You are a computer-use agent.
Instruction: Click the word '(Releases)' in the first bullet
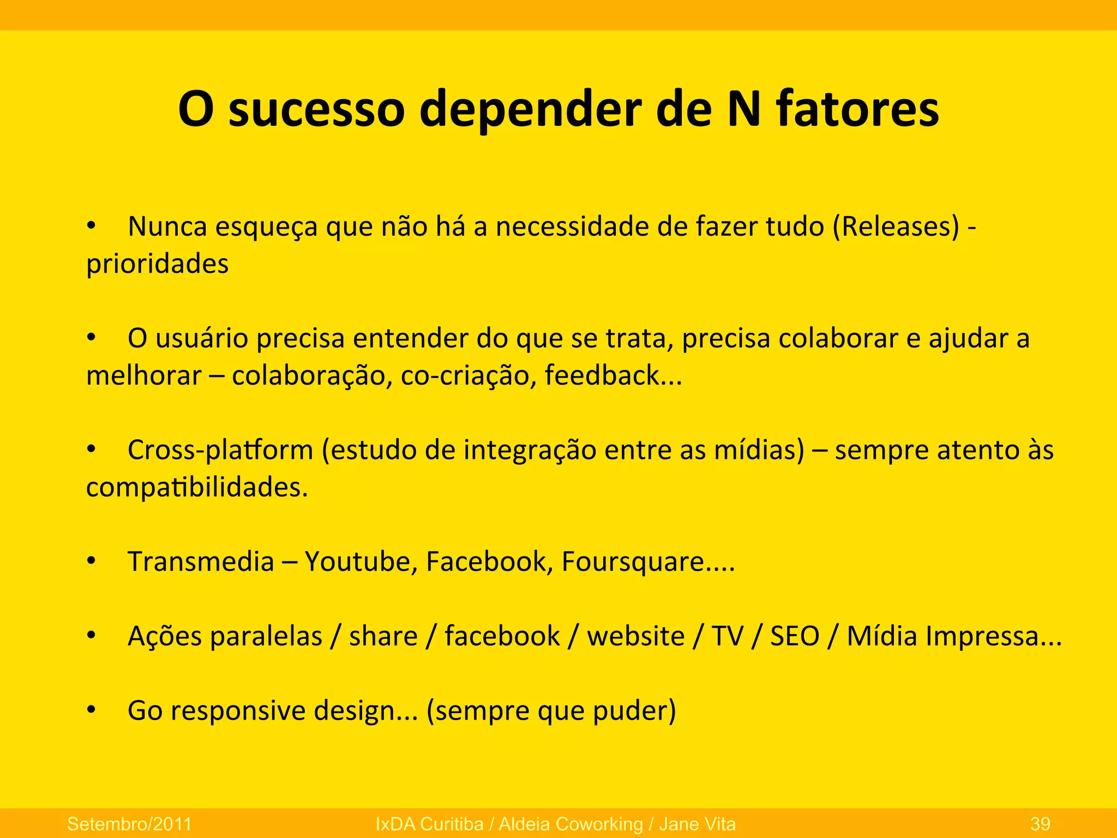pos(896,226)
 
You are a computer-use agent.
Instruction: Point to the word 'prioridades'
pos(157,265)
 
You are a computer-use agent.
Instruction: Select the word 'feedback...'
pos(613,376)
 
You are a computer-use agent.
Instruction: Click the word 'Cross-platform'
pos(220,451)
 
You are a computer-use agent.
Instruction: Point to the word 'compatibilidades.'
pos(197,487)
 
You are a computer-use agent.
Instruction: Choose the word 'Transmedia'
pos(201,561)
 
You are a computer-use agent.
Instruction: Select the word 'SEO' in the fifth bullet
pos(795,636)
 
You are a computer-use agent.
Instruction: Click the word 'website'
pos(635,636)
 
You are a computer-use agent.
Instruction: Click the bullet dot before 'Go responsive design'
pos(91,709)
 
